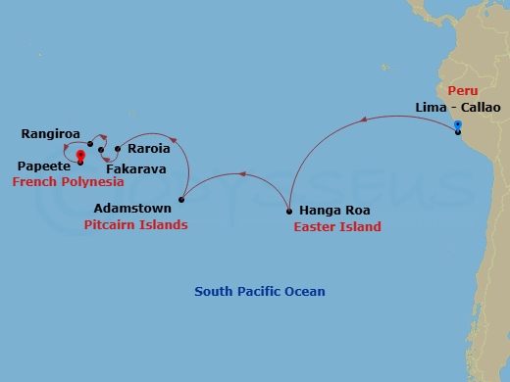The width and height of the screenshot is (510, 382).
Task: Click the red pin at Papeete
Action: click(79, 155)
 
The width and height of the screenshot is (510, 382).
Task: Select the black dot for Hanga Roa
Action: click(288, 211)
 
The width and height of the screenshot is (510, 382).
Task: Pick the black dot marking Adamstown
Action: click(183, 200)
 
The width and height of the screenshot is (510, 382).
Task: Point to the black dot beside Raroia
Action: click(118, 149)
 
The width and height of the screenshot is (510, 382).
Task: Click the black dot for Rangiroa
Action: click(90, 144)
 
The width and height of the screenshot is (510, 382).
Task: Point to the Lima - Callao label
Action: click(456, 106)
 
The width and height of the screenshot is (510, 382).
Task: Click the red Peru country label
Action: click(463, 90)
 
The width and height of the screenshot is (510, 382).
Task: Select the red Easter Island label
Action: click(337, 226)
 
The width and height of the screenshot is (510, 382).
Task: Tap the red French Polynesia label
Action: click(68, 182)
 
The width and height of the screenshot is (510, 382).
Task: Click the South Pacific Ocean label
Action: click(259, 292)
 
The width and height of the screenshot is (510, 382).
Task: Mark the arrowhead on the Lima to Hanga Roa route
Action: click(365, 120)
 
